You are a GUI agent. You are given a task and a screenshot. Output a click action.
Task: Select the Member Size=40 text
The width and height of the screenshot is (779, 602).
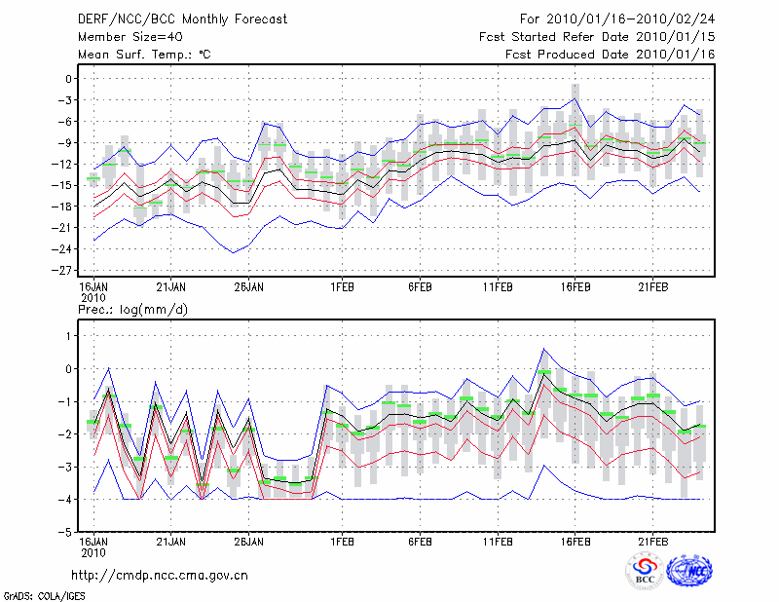point(123,36)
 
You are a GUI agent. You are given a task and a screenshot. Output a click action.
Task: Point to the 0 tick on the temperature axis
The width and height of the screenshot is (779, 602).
point(69,79)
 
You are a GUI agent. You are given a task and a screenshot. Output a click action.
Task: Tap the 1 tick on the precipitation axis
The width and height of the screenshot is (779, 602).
point(69,336)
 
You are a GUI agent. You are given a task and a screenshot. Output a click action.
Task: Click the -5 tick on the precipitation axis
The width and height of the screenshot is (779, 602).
point(66,533)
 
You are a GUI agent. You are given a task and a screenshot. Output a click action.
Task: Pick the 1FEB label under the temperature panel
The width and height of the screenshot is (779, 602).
point(342,287)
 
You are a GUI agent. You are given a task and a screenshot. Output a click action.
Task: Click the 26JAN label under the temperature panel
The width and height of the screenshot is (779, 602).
point(248,287)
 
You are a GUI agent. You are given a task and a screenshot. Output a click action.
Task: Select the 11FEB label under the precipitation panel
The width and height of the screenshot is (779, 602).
point(498,543)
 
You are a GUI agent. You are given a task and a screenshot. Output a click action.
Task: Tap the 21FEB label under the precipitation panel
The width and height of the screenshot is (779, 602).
point(653,543)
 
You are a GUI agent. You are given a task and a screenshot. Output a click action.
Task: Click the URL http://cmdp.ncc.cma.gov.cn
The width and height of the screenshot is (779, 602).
point(160,575)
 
